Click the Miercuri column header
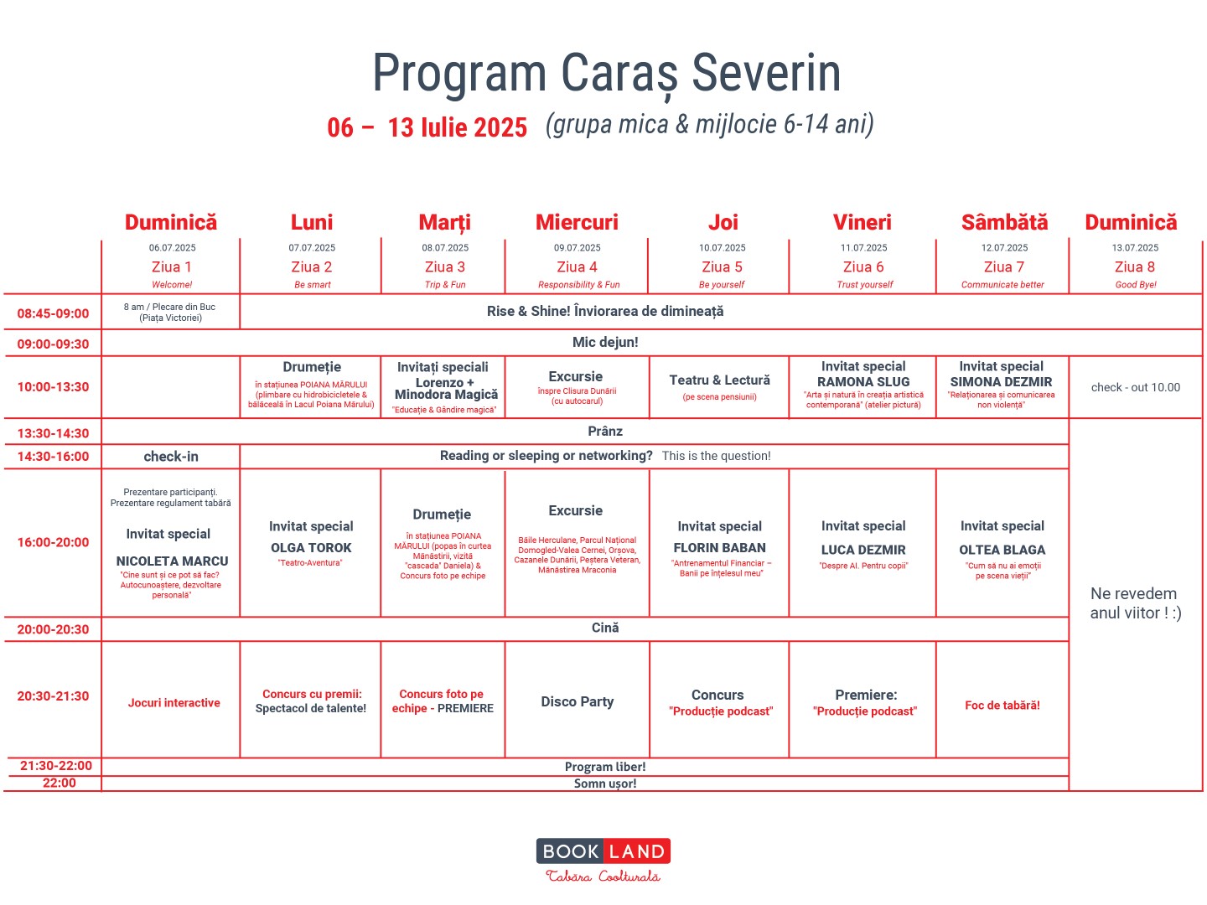[577, 222]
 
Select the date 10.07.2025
[722, 248]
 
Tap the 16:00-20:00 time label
[53, 542]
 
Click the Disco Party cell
[577, 701]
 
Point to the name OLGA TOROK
[311, 548]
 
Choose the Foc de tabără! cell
[1002, 706]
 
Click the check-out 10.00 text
[1135, 387]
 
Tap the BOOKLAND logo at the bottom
[603, 852]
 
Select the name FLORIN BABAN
[719, 548]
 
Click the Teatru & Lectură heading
[719, 380]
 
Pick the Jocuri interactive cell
[174, 703]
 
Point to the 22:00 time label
[59, 783]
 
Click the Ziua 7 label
[1003, 267]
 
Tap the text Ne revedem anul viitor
[1135, 603]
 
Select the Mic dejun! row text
[605, 342]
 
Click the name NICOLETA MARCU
[172, 561]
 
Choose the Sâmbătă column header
[1004, 222]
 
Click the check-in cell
[171, 457]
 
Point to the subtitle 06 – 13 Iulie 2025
[427, 127]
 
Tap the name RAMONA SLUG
[863, 382]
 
